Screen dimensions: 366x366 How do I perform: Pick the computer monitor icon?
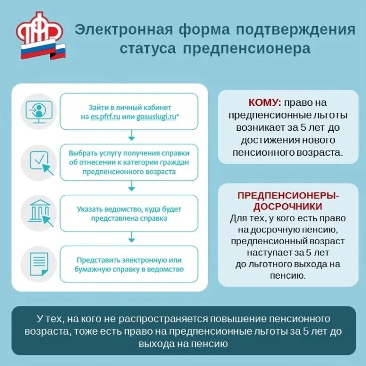click(x=38, y=111)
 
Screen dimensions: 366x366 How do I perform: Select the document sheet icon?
click(x=39, y=264)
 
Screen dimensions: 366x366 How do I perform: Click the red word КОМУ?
click(x=264, y=103)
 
